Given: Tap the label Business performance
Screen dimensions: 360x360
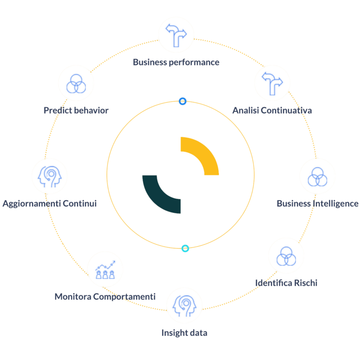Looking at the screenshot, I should (176, 63).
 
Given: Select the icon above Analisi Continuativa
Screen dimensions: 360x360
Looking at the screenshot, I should (272, 82).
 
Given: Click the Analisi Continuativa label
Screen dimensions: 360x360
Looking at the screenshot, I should (272, 110).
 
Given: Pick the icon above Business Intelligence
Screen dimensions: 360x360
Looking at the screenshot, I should (317, 176).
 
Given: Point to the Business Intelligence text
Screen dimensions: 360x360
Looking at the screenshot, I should (317, 204).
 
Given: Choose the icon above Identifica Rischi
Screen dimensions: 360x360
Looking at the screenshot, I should (286, 256).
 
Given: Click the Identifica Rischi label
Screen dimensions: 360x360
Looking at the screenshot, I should (286, 283).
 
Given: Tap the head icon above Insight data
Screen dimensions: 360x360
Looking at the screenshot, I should (184, 305).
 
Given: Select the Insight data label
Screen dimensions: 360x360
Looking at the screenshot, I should (184, 333).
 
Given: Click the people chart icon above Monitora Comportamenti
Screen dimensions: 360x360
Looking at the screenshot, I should (105, 269).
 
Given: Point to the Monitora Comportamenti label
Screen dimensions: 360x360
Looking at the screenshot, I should (105, 296).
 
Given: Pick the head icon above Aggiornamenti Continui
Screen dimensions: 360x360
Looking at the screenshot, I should (50, 176).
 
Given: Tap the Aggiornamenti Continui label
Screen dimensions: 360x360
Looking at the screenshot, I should (50, 204).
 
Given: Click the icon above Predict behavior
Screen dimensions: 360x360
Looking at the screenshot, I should (76, 83).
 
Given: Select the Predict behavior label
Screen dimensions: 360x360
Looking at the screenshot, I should (76, 110).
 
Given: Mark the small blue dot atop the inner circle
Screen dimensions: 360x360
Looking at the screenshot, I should (182, 102).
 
